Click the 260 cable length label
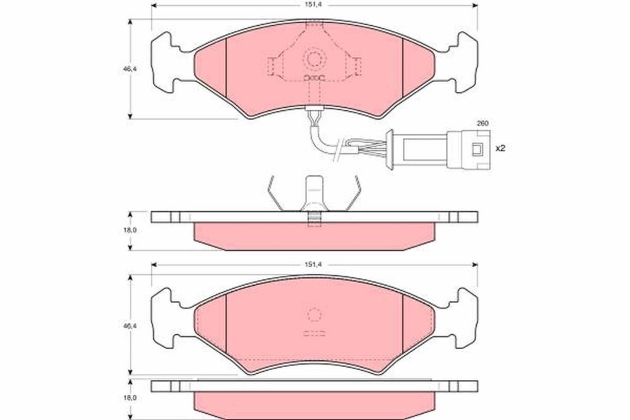pos(482,124)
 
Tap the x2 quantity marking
pos(500,148)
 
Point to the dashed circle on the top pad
pos(314,59)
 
